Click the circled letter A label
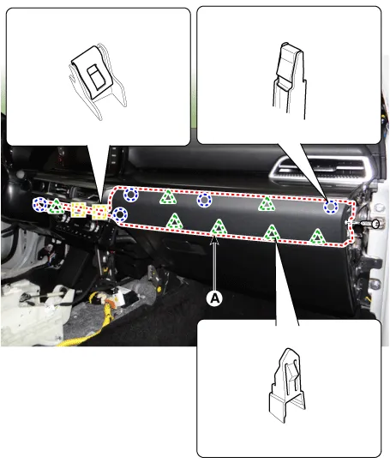tap(214, 298)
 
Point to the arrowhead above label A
tap(215, 240)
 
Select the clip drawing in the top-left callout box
tap(98, 81)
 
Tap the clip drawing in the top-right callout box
tap(289, 81)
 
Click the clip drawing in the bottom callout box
tap(286, 386)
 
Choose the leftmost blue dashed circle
tap(40, 204)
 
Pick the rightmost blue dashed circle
tap(331, 207)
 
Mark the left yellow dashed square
tap(79, 211)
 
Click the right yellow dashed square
tap(99, 213)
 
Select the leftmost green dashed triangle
tap(56, 207)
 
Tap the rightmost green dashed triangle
tap(317, 238)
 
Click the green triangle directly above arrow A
tap(219, 228)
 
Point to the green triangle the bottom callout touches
tap(272, 233)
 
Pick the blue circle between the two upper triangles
tap(204, 201)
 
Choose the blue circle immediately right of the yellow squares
tap(119, 215)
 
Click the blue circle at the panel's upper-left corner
tap(130, 195)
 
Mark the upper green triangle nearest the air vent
tap(267, 204)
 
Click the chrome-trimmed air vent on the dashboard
tap(322, 169)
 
